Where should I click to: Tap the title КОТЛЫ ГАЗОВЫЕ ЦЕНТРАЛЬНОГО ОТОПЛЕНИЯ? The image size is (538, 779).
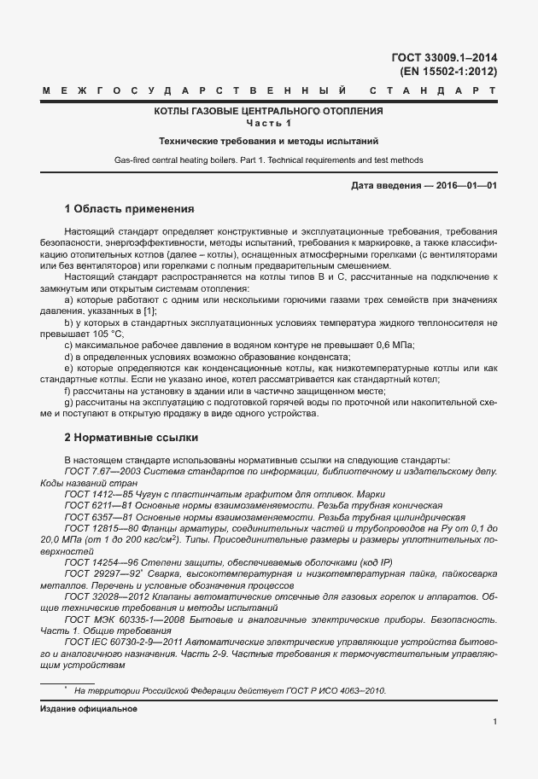[x=269, y=111]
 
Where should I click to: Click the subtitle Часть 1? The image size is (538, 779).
[x=269, y=123]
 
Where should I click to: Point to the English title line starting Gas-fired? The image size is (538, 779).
[x=269, y=160]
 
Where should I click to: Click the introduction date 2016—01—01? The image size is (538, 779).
[x=462, y=186]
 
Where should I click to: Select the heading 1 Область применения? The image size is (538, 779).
[x=130, y=208]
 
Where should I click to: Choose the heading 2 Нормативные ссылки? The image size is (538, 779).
[x=132, y=438]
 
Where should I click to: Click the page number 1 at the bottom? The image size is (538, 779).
[x=495, y=723]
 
